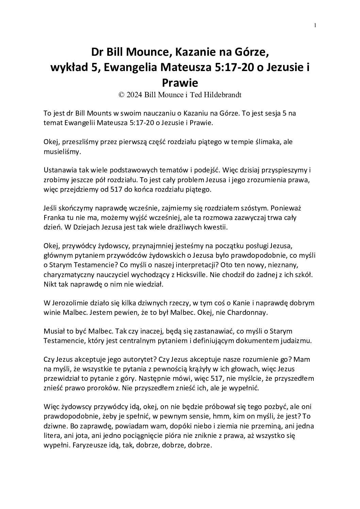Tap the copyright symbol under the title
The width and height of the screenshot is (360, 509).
(121, 95)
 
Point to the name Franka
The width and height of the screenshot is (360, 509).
(54, 218)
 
